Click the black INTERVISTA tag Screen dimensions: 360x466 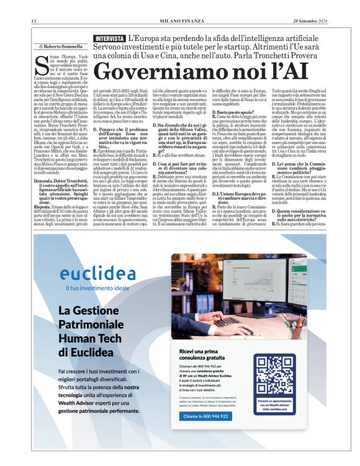109,38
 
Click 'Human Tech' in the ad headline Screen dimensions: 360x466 86,340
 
